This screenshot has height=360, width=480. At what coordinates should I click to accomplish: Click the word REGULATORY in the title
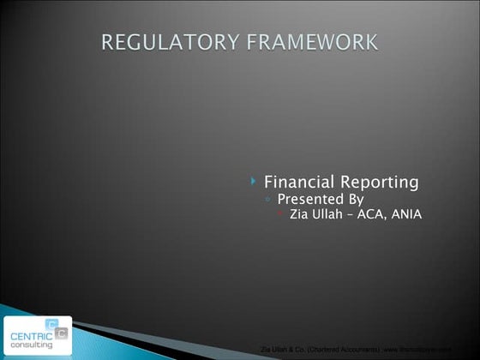pos(162,42)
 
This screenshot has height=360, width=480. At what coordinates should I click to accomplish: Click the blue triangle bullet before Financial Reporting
pos(255,182)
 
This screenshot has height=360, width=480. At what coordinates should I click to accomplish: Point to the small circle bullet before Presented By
pos(269,200)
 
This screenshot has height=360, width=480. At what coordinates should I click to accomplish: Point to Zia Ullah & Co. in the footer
pos(282,350)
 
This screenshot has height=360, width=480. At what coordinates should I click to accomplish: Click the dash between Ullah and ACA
pos(360,214)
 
